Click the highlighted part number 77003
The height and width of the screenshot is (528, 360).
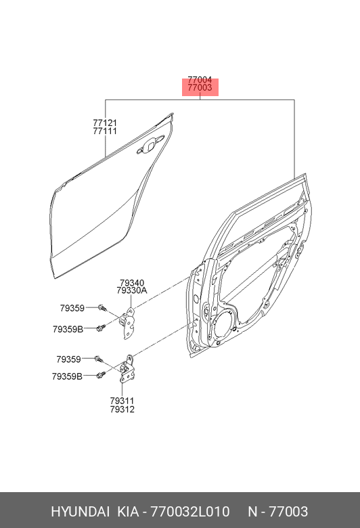(200, 88)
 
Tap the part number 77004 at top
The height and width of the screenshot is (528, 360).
(200, 80)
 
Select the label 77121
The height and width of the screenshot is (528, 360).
(105, 123)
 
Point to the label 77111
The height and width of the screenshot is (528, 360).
(105, 131)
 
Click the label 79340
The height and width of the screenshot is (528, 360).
(132, 283)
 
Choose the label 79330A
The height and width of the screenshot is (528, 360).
(132, 290)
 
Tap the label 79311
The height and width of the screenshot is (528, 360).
(122, 401)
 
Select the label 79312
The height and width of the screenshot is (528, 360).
(122, 410)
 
